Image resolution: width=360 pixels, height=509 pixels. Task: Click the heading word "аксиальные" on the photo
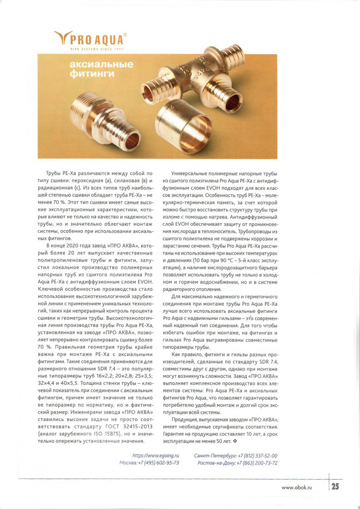[102, 65]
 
